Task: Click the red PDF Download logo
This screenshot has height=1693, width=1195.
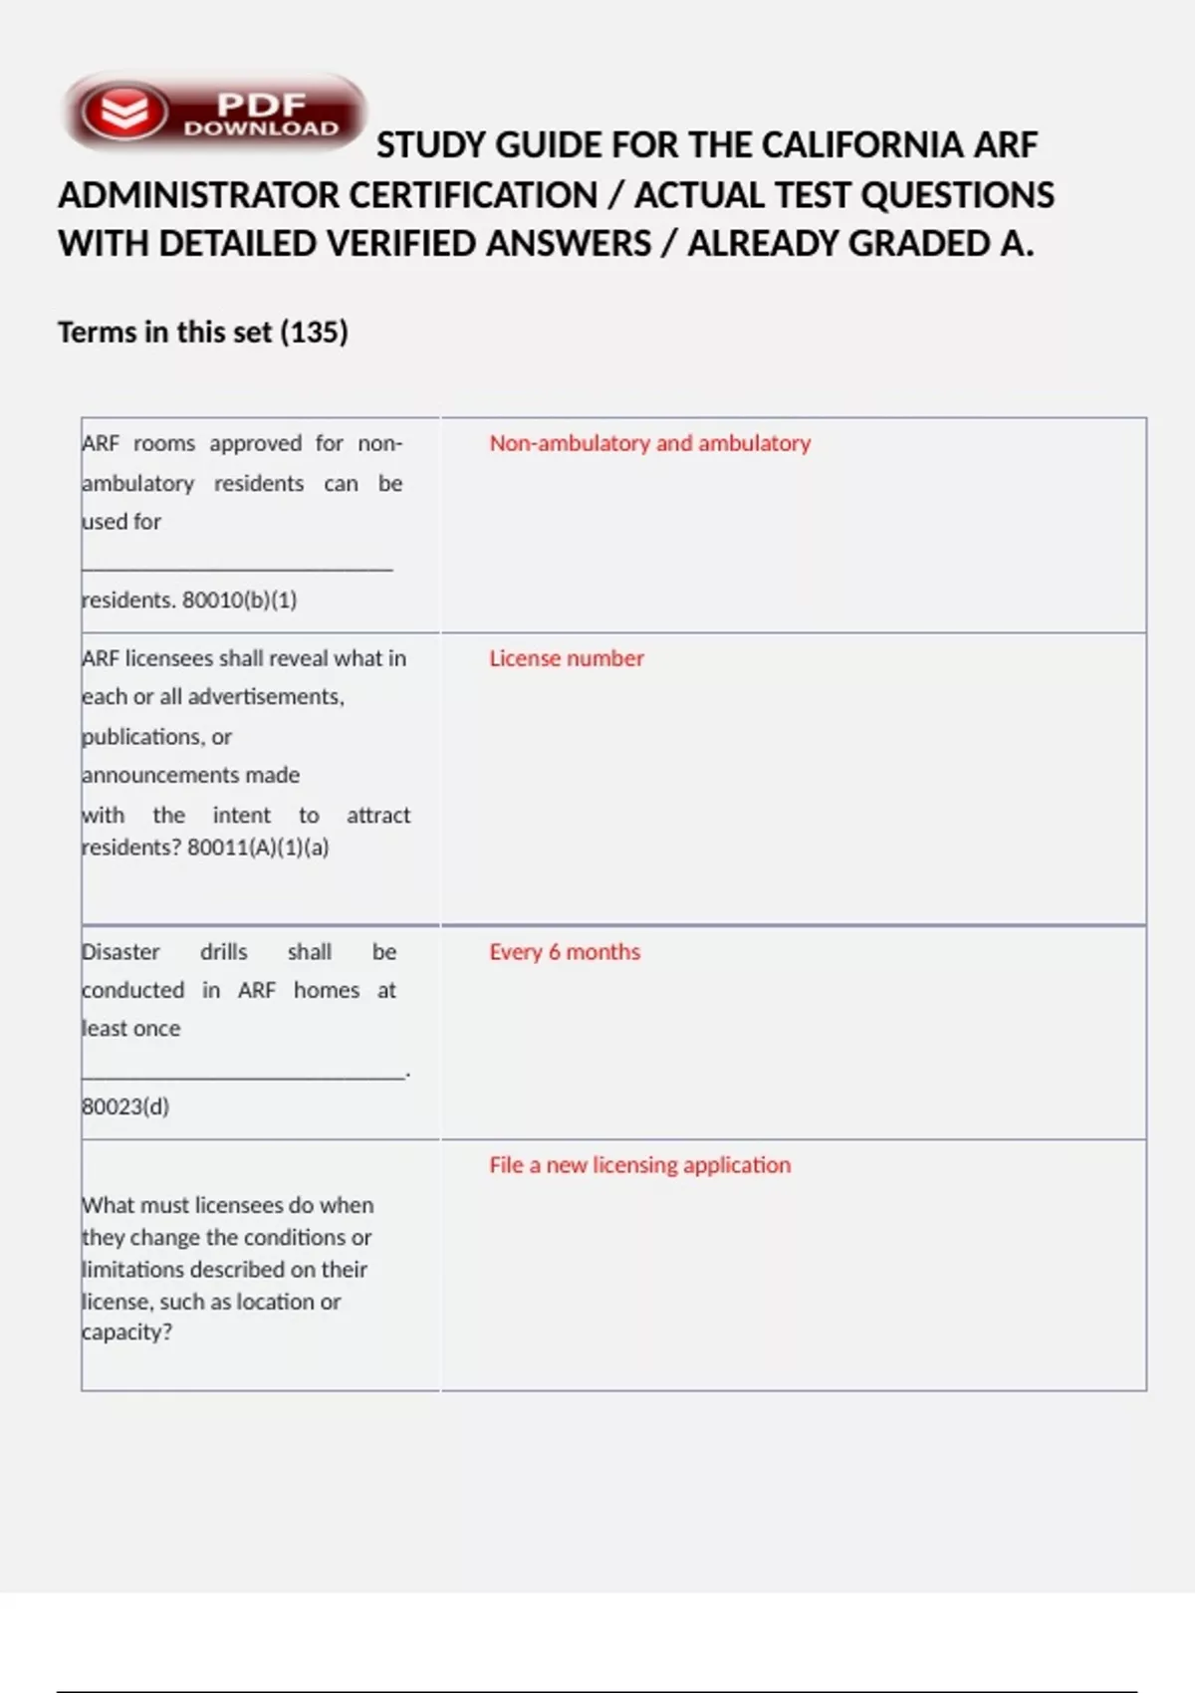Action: (x=214, y=112)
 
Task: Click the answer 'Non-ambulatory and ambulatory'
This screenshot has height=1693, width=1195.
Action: (x=649, y=443)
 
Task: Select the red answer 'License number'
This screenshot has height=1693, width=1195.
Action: (x=566, y=658)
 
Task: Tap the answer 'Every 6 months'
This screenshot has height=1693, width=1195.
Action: (x=564, y=952)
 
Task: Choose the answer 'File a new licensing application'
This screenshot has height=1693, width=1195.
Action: (x=639, y=1165)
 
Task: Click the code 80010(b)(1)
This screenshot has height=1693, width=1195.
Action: (x=240, y=600)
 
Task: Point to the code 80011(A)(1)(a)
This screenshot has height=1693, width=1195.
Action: (x=258, y=847)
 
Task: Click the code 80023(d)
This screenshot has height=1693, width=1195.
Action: (x=125, y=1106)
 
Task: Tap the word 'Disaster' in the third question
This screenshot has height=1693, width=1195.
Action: (x=120, y=952)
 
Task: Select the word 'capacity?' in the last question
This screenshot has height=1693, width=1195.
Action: (x=126, y=1332)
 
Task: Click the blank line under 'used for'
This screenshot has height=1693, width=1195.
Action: (x=237, y=569)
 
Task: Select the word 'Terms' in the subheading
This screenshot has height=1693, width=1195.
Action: (x=97, y=332)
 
